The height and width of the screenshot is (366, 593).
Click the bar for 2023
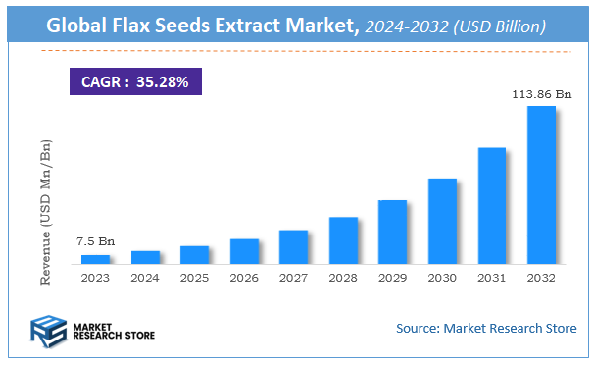pyautogui.click(x=95, y=259)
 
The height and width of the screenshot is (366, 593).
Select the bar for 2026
pyautogui.click(x=244, y=251)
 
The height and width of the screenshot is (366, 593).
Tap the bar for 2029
pyautogui.click(x=392, y=232)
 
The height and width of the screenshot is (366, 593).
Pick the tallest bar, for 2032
pyautogui.click(x=541, y=184)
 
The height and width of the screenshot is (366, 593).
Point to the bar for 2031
pyautogui.click(x=491, y=205)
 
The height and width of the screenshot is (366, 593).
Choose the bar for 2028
pyautogui.click(x=343, y=240)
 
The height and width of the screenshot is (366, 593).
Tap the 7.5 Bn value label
pyautogui.click(x=95, y=241)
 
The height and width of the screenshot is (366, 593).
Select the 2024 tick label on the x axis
pyautogui.click(x=145, y=278)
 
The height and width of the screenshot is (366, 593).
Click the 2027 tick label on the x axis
pyautogui.click(x=293, y=278)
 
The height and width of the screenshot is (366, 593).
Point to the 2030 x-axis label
pyautogui.click(x=442, y=278)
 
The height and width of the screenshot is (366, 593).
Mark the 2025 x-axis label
pyautogui.click(x=194, y=278)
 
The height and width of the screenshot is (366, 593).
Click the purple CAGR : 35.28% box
pyautogui.click(x=135, y=80)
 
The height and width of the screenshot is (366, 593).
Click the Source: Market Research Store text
pyautogui.click(x=486, y=328)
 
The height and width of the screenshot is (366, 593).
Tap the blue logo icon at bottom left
pyautogui.click(x=48, y=330)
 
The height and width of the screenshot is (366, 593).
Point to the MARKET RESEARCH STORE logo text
pyautogui.click(x=114, y=330)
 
